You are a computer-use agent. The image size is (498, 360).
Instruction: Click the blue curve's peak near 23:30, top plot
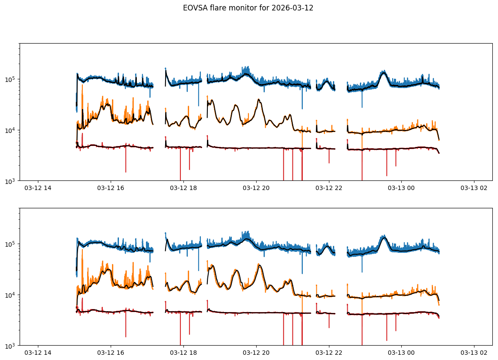coord(383,71)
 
